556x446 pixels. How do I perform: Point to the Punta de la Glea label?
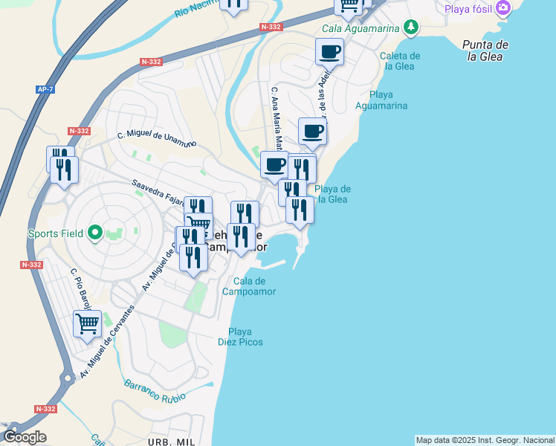click(x=484, y=51)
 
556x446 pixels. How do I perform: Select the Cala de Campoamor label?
click(x=249, y=286)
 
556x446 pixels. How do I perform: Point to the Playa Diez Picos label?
click(x=240, y=337)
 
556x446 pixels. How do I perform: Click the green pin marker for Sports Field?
click(x=94, y=233)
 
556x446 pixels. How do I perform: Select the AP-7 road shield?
click(x=45, y=90)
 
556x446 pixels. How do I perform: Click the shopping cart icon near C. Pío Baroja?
click(x=87, y=324)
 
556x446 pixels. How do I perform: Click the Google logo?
click(x=25, y=437)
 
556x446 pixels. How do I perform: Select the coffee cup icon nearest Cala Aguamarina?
click(x=329, y=52)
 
